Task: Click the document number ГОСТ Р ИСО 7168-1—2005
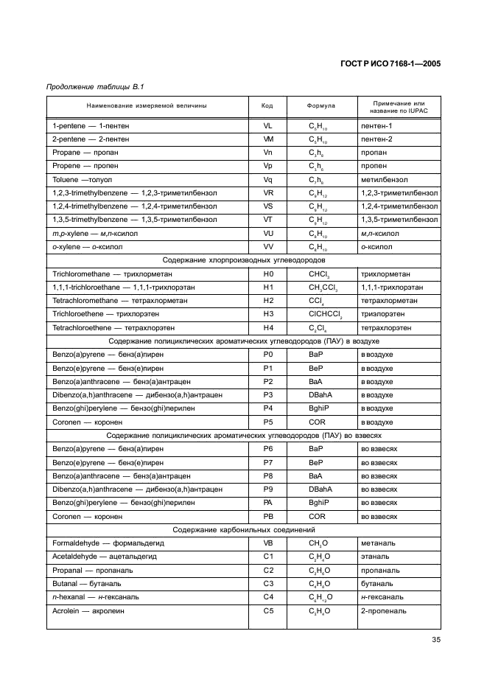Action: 390,63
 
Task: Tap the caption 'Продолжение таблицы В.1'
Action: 96,88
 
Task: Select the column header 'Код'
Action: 267,105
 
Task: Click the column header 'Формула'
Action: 320,105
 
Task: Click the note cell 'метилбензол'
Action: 384,179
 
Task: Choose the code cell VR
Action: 267,192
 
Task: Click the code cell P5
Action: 267,422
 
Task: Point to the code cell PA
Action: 267,502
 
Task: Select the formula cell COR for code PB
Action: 318,516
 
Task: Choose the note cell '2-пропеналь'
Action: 382,610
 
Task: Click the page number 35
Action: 435,639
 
